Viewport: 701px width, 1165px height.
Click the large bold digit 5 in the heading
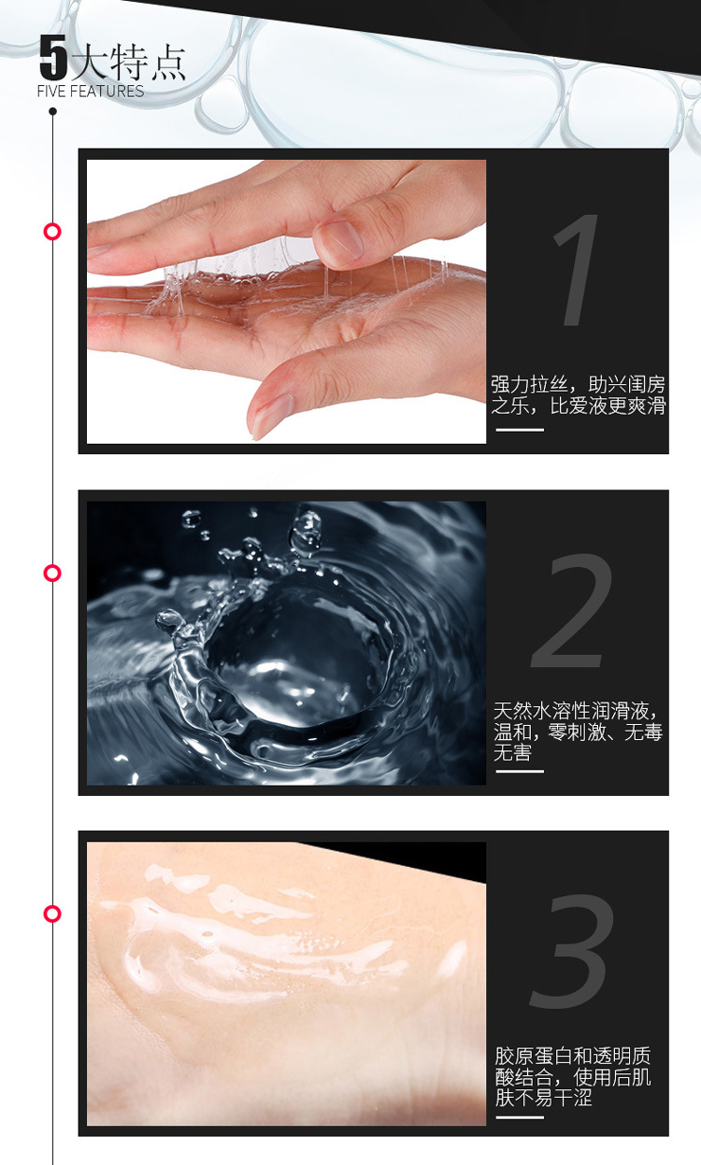coord(53,57)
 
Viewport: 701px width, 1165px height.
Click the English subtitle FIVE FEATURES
coord(91,91)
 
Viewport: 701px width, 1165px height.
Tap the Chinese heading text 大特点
coord(127,63)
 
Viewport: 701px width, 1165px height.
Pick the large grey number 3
coord(572,951)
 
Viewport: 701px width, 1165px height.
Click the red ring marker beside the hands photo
coord(52,232)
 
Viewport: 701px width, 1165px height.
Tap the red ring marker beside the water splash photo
coord(52,573)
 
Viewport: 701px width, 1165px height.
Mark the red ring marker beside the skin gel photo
coord(52,914)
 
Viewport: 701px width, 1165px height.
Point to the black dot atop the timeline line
coord(52,111)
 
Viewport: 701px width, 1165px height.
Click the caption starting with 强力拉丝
coord(579,395)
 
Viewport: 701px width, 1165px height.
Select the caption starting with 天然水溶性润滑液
coord(578,732)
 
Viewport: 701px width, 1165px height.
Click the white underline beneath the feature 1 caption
coord(520,430)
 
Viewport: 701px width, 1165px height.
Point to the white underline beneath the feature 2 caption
coord(520,771)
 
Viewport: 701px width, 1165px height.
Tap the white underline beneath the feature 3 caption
coord(520,1116)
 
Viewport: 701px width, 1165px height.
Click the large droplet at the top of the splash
coord(308,528)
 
